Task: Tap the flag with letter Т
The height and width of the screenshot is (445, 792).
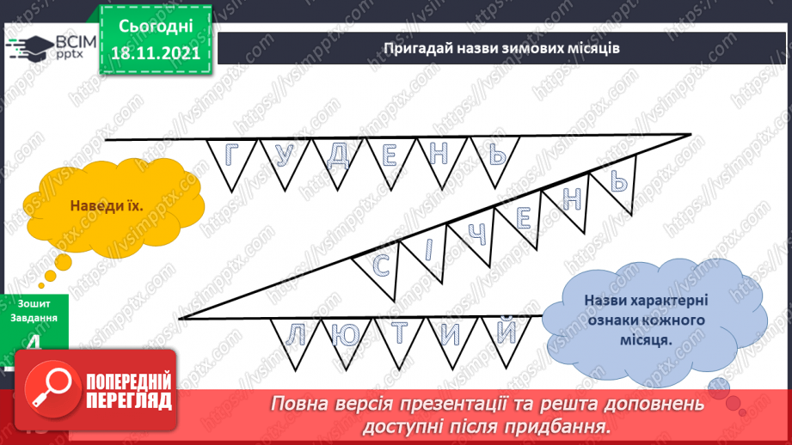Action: click(x=401, y=333)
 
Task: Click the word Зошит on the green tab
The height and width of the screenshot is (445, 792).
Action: click(x=32, y=303)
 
